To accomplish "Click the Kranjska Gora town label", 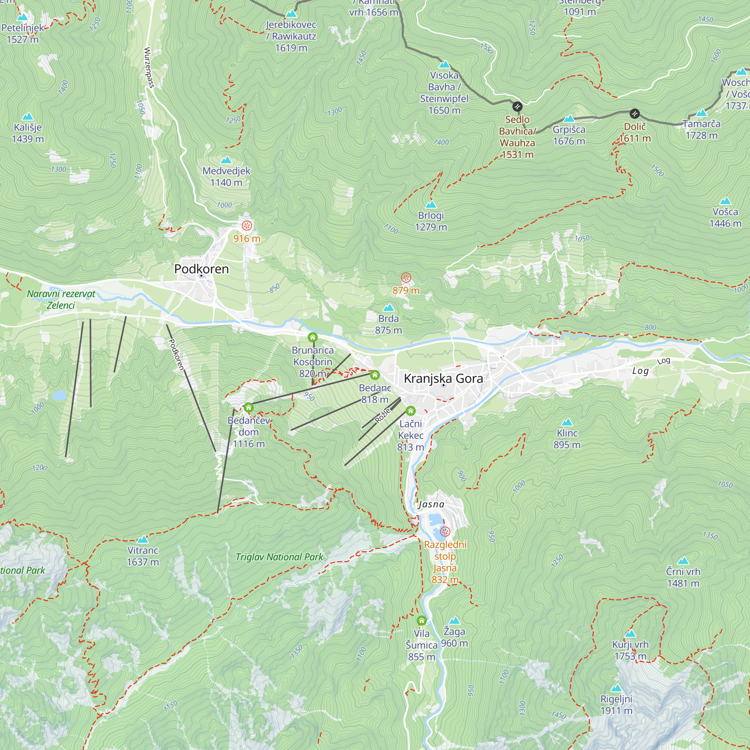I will click(443, 378).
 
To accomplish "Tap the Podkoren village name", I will click(201, 268).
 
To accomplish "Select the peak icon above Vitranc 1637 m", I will click(143, 539).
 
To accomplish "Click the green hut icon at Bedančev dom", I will click(249, 408).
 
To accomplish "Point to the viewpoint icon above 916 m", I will click(247, 225).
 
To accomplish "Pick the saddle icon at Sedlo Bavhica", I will click(517, 106).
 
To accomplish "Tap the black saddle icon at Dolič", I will click(634, 114).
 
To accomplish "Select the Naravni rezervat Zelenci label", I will click(61, 299).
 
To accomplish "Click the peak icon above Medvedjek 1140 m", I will click(226, 160).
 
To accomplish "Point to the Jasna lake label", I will click(431, 504).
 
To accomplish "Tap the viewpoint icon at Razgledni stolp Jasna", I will click(445, 531).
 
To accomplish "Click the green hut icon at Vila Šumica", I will click(421, 620).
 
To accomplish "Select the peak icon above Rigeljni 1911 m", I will click(616, 688).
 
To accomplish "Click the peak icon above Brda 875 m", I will click(388, 308).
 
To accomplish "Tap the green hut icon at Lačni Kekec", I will click(410, 411).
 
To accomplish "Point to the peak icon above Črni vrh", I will click(683, 561).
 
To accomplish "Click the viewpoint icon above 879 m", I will click(406, 278).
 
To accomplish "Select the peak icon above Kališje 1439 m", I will click(27, 117).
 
